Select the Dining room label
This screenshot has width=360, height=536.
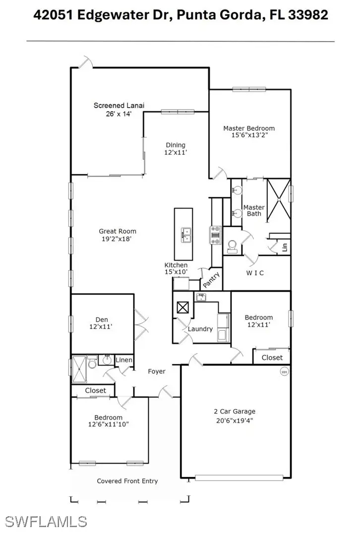point(176,145)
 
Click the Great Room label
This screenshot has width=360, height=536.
point(118,231)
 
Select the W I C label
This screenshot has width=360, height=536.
point(255,273)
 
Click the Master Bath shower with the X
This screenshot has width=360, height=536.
point(279,196)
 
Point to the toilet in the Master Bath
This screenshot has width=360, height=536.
point(232,246)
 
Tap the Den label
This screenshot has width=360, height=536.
point(102,319)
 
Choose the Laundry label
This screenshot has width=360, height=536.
point(200,329)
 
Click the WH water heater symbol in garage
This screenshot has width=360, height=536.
point(284,371)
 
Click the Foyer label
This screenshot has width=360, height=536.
point(157,371)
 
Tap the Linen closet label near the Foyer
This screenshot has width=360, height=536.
point(124,360)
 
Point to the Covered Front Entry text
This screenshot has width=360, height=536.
point(127,481)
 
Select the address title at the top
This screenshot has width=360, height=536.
point(180,15)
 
